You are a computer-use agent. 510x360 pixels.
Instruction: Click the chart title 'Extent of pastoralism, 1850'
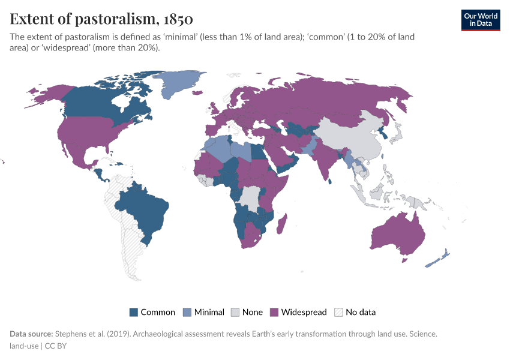click(x=101, y=19)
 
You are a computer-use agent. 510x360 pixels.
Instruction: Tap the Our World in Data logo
click(x=480, y=20)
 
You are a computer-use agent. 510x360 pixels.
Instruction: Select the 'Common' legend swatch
click(x=134, y=312)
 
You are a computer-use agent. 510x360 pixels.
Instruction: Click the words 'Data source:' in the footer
click(x=31, y=334)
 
